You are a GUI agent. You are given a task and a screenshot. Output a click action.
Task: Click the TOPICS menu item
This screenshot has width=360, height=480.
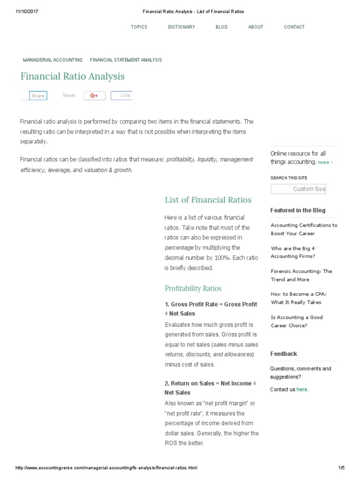click(x=139, y=27)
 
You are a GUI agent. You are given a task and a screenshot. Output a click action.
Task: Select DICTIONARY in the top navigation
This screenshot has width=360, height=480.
click(x=181, y=27)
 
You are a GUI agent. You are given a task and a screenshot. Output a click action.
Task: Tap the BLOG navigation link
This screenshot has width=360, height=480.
click(x=222, y=27)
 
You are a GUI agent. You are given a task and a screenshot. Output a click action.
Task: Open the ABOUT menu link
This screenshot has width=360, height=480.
click(x=255, y=27)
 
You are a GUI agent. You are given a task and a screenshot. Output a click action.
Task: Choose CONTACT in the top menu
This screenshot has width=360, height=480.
click(x=294, y=27)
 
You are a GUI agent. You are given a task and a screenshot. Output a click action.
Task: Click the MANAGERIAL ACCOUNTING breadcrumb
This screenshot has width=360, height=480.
click(x=52, y=60)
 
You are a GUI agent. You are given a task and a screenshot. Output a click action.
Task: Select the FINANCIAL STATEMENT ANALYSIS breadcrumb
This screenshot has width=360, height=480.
click(x=126, y=60)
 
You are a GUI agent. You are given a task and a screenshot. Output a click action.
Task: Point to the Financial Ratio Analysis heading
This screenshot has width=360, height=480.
click(x=72, y=76)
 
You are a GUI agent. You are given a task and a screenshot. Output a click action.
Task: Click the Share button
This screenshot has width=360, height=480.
click(x=38, y=96)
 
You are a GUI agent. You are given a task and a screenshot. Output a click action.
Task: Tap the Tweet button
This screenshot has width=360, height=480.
click(x=68, y=96)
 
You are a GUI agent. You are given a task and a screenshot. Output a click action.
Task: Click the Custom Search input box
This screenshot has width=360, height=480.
click(x=298, y=189)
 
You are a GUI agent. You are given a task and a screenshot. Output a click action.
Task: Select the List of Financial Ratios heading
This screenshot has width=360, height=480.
click(x=208, y=200)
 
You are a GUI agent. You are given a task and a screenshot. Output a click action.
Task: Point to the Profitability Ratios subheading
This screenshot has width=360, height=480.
click(x=193, y=288)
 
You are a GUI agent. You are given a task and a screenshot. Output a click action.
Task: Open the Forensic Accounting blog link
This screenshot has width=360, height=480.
click(x=301, y=275)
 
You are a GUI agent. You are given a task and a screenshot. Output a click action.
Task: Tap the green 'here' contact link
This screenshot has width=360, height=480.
click(x=302, y=390)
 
